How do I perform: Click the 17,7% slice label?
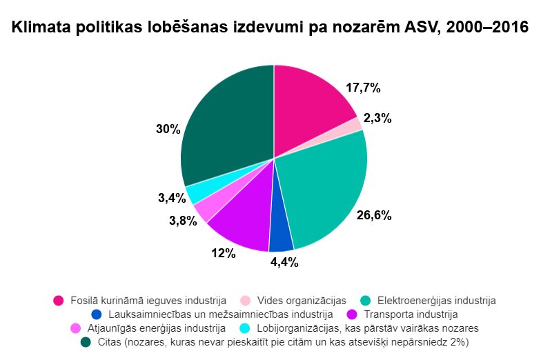(x=363, y=88)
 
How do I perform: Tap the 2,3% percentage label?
(x=377, y=119)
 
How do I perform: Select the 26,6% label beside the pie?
(x=374, y=215)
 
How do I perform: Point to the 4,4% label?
(x=284, y=262)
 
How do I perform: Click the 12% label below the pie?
(x=224, y=254)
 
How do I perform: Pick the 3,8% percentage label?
(x=184, y=221)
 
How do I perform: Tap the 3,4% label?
(x=173, y=198)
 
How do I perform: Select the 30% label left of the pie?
(x=168, y=130)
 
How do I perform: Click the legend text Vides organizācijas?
(x=302, y=301)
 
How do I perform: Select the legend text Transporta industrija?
(x=411, y=314)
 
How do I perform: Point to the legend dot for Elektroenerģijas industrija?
(x=366, y=301)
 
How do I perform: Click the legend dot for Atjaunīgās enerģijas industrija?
(x=76, y=328)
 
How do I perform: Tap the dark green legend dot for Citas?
(x=86, y=342)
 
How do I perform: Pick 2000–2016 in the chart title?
(x=487, y=27)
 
